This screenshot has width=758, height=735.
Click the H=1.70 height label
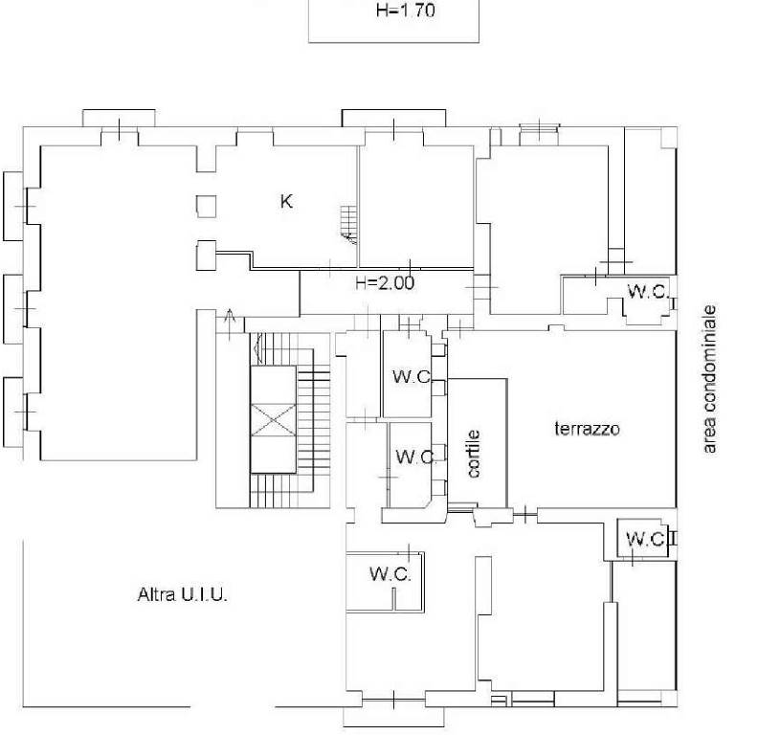405,11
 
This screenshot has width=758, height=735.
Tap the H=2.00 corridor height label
385,283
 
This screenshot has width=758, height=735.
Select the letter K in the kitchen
286,201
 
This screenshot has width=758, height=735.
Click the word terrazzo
587,429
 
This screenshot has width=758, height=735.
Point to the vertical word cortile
474,454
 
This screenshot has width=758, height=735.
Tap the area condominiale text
709,379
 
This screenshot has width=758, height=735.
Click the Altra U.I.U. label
182,594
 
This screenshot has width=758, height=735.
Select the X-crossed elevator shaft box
273,420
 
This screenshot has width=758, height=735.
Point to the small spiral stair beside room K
348,224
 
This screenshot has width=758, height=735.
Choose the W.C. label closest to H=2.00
412,376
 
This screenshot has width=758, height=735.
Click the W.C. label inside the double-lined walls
390,574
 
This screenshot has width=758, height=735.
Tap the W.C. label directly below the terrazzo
646,539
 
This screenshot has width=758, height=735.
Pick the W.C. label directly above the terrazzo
648,292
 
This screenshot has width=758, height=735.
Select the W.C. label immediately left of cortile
415,457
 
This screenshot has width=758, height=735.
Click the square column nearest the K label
207,207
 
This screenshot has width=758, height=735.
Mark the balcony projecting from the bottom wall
393,717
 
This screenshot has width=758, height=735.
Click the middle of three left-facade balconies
13,309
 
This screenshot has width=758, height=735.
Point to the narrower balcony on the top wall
119,119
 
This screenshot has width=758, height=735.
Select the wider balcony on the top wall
394,119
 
